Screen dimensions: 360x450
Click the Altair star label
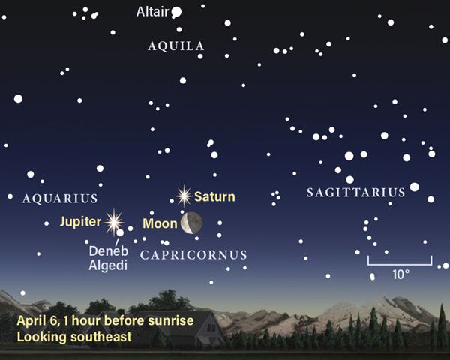click(x=152, y=12)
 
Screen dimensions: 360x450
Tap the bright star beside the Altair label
click(x=177, y=12)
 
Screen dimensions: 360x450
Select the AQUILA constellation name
click(x=176, y=46)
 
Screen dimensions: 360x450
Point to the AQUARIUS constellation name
click(x=61, y=199)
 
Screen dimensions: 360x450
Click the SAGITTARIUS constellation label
click(x=355, y=193)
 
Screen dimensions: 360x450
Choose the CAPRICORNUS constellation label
click(x=193, y=255)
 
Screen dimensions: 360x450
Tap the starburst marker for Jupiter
click(x=114, y=220)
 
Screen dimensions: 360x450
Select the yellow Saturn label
click(x=214, y=197)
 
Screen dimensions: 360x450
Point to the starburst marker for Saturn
click(x=183, y=196)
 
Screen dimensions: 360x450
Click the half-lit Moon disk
click(x=190, y=222)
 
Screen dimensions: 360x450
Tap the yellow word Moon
click(x=159, y=223)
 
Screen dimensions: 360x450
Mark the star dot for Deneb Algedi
click(x=120, y=233)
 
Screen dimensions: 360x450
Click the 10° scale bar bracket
click(x=399, y=260)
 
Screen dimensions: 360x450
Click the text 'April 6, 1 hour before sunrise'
click(x=105, y=321)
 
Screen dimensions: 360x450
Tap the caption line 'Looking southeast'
click(x=74, y=337)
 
